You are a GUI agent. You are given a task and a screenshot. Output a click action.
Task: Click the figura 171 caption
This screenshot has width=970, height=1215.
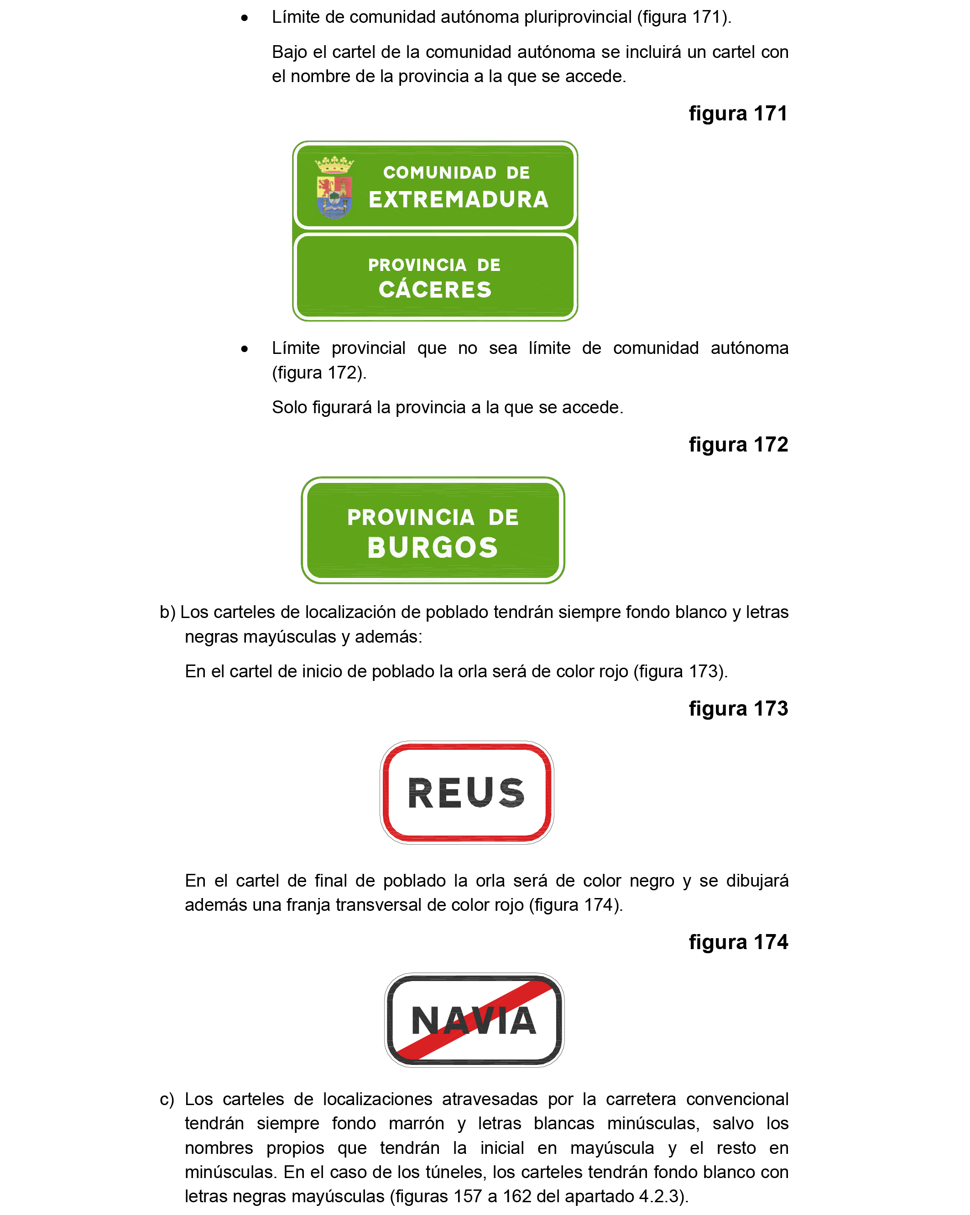pyautogui.click(x=738, y=113)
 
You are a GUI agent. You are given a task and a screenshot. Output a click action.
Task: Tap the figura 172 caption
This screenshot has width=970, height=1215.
pyautogui.click(x=738, y=445)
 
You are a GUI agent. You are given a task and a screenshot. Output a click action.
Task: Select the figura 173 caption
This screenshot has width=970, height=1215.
pyautogui.click(x=738, y=708)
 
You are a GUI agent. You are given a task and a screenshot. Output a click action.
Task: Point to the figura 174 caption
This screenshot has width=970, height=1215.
pyautogui.click(x=738, y=942)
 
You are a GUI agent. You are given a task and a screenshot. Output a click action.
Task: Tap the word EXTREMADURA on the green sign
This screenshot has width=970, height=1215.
pyautogui.click(x=458, y=199)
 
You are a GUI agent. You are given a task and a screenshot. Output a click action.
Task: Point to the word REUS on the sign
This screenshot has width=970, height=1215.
pyautogui.click(x=466, y=793)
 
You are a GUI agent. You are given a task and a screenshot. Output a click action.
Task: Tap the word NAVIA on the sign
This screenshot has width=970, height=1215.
pyautogui.click(x=474, y=1021)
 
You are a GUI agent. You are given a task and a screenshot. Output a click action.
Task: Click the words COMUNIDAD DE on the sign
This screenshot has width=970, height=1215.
pyautogui.click(x=457, y=172)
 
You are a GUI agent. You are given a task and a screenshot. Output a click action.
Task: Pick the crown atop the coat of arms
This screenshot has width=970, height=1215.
pyautogui.click(x=334, y=165)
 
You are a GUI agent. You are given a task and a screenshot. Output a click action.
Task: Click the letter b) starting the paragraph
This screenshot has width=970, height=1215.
pyautogui.click(x=167, y=613)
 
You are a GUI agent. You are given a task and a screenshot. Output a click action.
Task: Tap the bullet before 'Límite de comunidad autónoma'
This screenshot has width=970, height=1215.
pyautogui.click(x=244, y=18)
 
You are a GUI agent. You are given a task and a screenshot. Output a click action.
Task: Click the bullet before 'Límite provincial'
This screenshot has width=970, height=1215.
pyautogui.click(x=244, y=349)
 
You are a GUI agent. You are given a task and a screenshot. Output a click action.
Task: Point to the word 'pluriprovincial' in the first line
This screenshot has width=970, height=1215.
pyautogui.click(x=577, y=17)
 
